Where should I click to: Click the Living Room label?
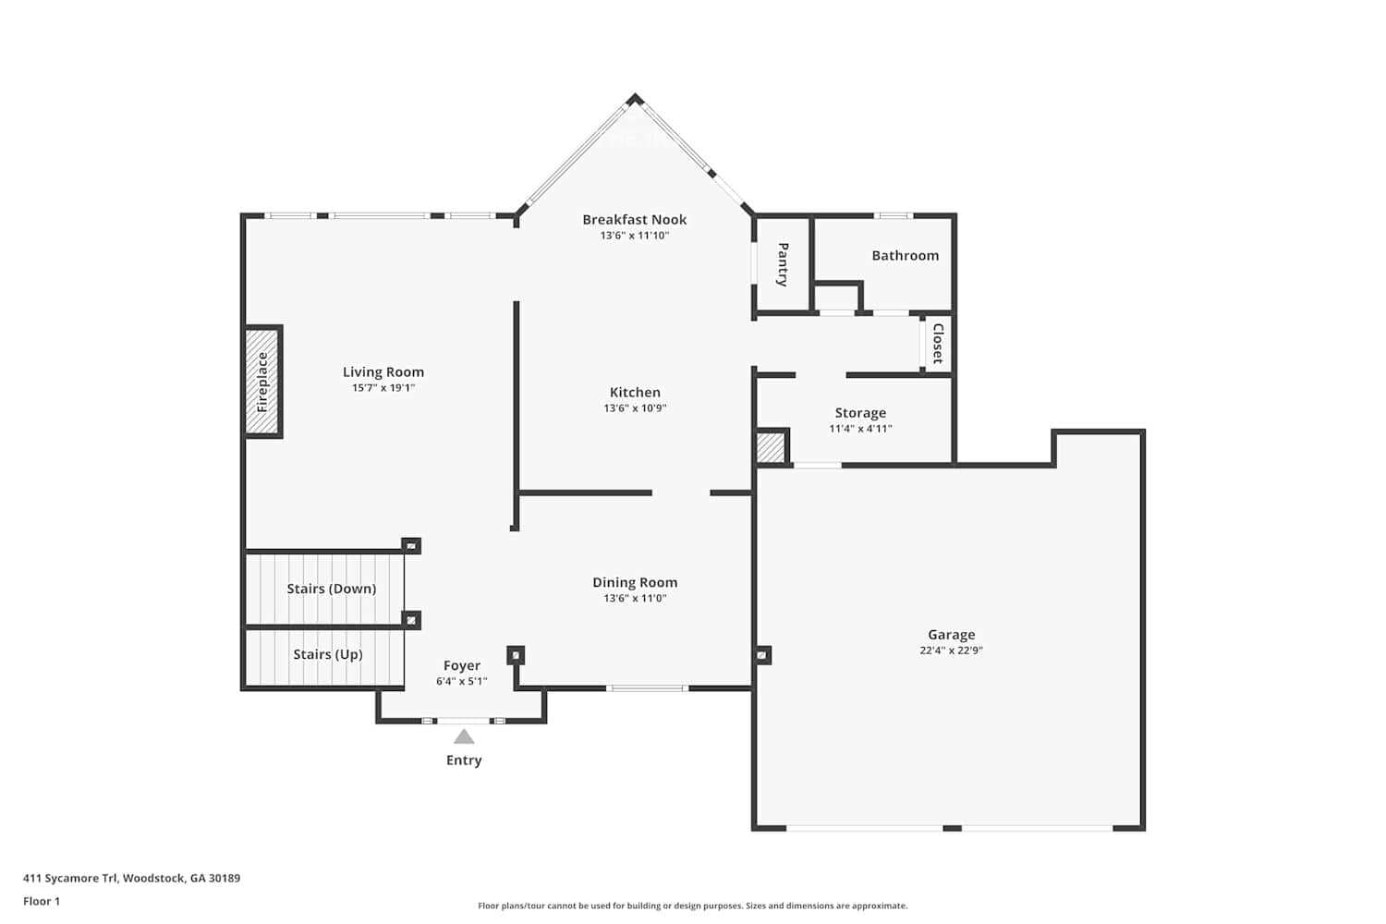[383, 372]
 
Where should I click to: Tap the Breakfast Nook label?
[635, 220]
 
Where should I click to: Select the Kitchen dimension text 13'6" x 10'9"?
[635, 408]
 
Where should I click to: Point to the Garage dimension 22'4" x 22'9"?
[951, 650]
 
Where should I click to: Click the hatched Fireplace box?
[262, 382]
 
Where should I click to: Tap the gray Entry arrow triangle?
[464, 737]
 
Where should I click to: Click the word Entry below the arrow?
[464, 760]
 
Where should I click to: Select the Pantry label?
[783, 264]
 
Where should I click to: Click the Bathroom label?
[905, 256]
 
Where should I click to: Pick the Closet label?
[937, 344]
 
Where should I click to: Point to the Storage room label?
[860, 413]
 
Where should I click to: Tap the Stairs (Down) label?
[331, 589]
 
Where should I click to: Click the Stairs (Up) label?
[327, 654]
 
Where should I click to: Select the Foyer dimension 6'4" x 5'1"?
[461, 682]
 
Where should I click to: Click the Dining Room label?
[635, 582]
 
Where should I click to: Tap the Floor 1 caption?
[42, 902]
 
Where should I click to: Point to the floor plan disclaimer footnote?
[692, 906]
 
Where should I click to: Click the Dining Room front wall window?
[648, 688]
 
